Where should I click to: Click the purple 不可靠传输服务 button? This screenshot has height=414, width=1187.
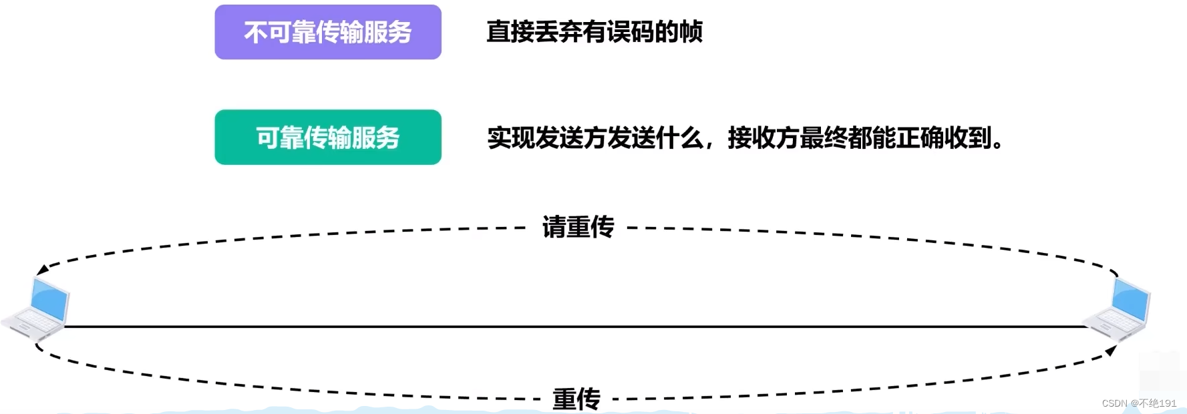[328, 32]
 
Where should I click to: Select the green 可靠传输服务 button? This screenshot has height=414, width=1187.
[328, 138]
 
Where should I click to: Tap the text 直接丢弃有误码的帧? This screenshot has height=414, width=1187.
[594, 32]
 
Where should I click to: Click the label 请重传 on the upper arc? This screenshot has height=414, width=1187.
[578, 227]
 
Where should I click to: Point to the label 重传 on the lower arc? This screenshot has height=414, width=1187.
[576, 399]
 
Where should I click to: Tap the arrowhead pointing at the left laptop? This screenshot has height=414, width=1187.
[42, 270]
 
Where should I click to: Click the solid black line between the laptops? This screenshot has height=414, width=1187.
[574, 327]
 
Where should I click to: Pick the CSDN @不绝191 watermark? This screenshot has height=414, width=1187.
[1139, 403]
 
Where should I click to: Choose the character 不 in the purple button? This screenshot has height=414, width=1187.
[256, 32]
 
